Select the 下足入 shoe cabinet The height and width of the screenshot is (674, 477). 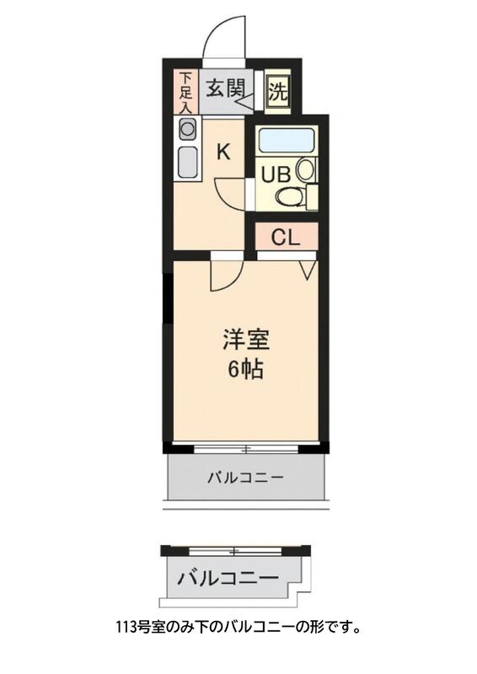(185, 92)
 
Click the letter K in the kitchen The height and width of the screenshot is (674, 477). (223, 152)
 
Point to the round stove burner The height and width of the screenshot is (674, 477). (187, 129)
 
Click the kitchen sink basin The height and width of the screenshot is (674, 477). (187, 161)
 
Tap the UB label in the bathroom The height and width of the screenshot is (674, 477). (276, 175)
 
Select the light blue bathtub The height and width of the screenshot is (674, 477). (287, 140)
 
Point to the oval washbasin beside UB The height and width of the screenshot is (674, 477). (305, 169)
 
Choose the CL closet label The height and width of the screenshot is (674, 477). (285, 237)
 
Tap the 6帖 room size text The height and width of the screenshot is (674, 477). (245, 369)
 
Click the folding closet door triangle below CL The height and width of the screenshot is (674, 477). (308, 270)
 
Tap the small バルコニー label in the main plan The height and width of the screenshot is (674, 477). (245, 478)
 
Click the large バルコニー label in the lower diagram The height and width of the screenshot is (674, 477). (228, 579)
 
